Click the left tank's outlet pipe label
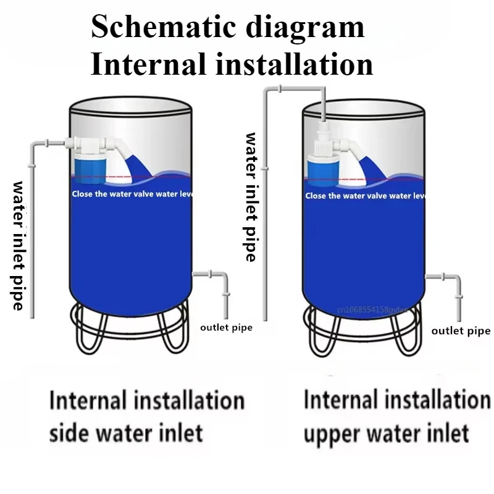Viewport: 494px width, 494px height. click(x=226, y=327)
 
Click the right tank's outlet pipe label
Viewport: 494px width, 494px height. click(x=461, y=331)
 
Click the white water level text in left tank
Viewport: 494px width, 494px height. click(x=133, y=194)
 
